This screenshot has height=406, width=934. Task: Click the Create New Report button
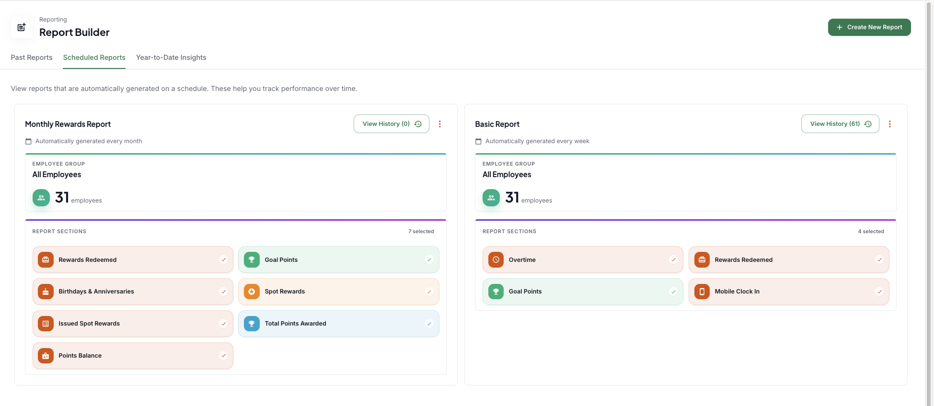click(869, 27)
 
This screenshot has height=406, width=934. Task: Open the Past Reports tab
click(32, 57)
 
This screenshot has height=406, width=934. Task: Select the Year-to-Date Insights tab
click(171, 57)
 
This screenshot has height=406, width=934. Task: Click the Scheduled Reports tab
click(94, 57)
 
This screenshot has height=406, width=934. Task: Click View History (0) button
click(392, 124)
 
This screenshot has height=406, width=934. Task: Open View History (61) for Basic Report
click(840, 124)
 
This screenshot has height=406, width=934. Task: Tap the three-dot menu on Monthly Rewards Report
click(440, 124)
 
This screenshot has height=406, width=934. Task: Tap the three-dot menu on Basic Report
click(890, 124)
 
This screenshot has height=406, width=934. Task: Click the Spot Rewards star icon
click(252, 292)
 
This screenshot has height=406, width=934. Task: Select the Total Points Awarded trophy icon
click(252, 324)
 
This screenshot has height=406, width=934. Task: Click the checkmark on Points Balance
click(223, 356)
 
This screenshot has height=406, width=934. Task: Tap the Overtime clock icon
click(496, 259)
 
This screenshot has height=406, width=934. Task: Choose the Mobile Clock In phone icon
click(702, 292)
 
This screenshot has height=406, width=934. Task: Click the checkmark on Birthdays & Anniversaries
click(223, 292)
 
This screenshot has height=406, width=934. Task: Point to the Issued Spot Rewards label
click(89, 324)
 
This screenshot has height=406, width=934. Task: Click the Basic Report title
click(497, 124)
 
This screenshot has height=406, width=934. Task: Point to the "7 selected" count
click(421, 231)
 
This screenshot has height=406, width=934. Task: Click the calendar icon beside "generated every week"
click(478, 141)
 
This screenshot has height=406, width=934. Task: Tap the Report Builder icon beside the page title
click(22, 27)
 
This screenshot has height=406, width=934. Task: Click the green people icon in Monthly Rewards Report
click(41, 198)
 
